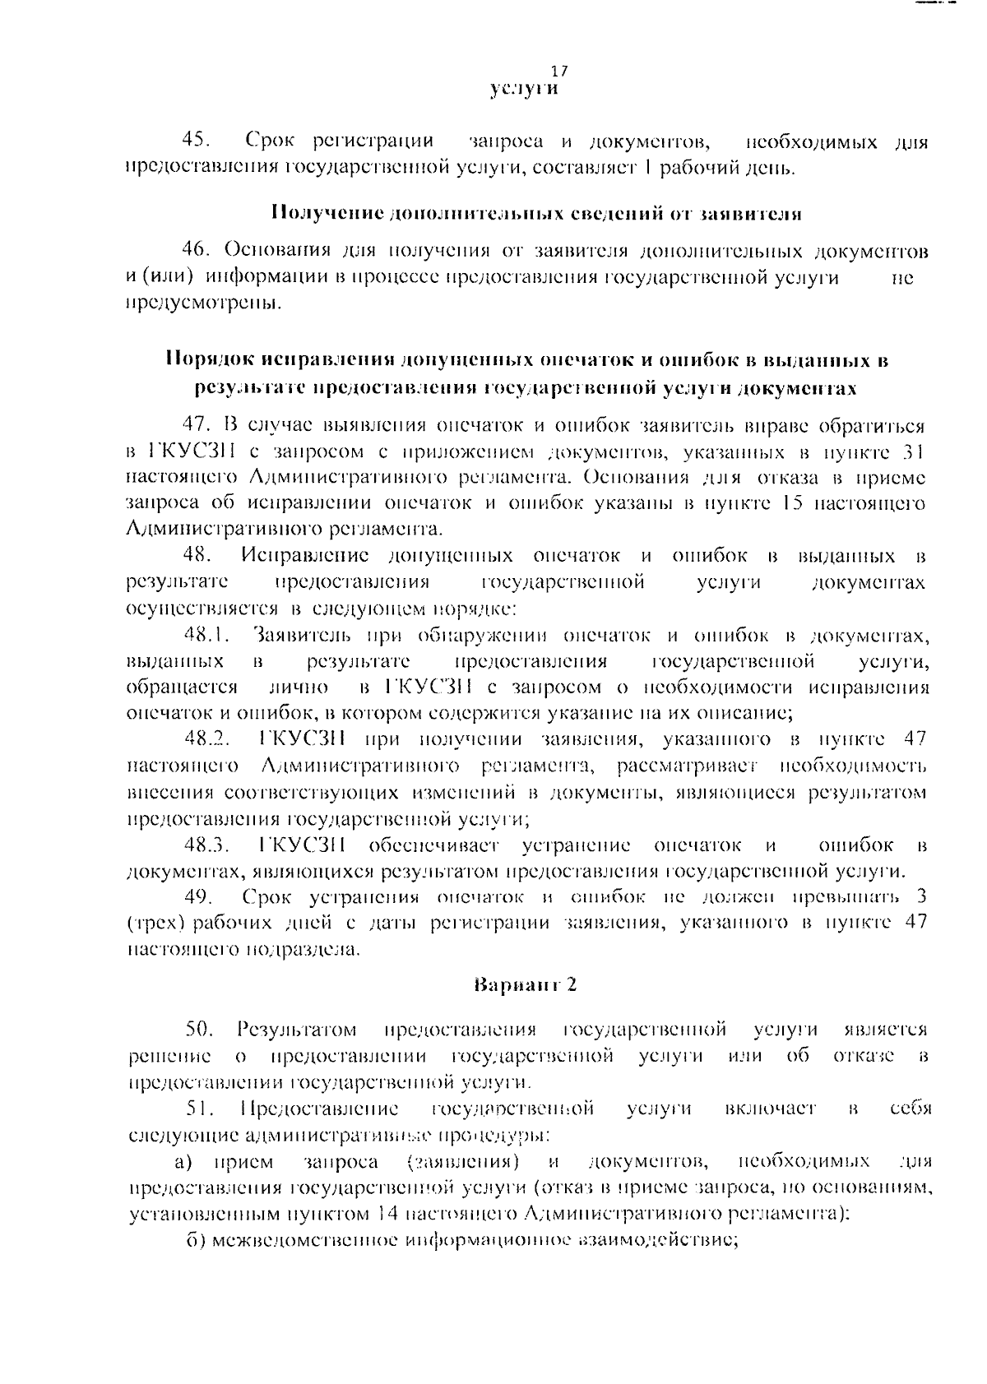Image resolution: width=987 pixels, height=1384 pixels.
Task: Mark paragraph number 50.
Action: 200,1029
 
